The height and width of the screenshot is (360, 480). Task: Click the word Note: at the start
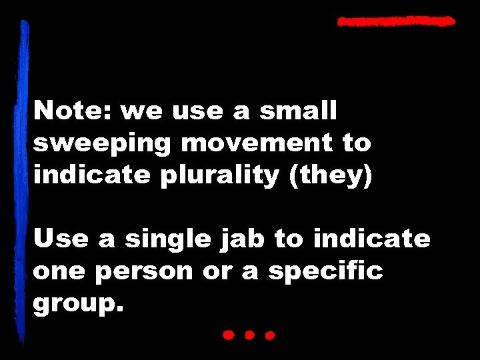73,111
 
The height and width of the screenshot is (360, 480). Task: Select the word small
299,111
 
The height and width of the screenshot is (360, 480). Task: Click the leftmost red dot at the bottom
228,335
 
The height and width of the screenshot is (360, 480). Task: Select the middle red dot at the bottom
249,335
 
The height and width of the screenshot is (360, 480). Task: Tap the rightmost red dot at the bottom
270,335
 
